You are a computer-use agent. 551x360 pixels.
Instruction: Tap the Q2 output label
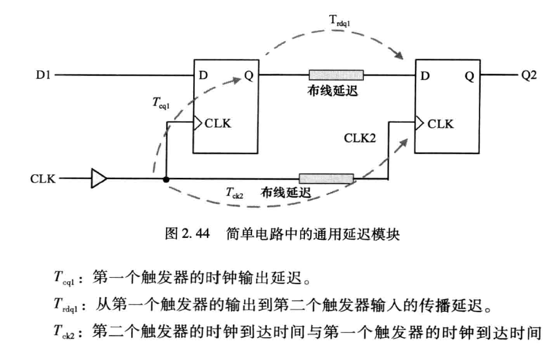tap(529, 76)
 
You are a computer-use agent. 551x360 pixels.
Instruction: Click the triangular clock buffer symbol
tap(99, 178)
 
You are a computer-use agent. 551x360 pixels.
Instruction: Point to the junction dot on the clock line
tap(165, 178)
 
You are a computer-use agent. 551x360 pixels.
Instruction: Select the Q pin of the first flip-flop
tap(248, 76)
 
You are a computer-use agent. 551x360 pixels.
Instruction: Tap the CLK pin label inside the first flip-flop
tap(218, 124)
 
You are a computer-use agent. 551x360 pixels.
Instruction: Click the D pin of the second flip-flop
tap(426, 76)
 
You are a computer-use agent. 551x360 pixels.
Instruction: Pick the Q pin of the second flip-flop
tap(469, 76)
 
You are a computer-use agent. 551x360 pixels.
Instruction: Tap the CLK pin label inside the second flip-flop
tap(440, 124)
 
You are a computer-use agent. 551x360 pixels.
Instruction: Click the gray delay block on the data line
tap(336, 75)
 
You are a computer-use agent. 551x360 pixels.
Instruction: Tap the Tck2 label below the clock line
tap(235, 193)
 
